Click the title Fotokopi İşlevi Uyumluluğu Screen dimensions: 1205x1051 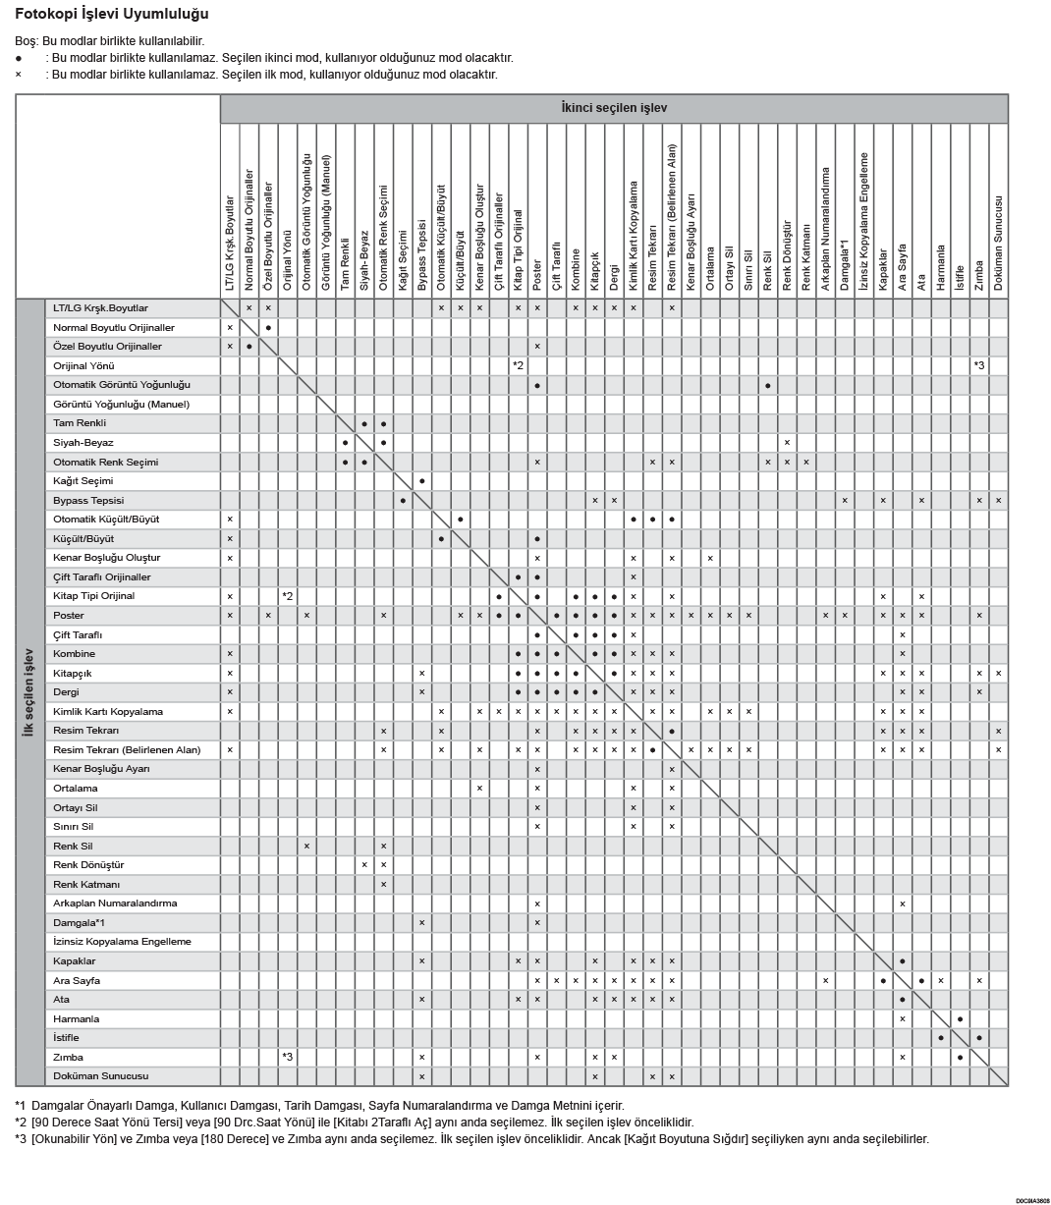(111, 15)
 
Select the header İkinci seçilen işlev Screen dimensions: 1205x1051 (614, 108)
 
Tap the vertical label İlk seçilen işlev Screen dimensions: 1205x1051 (29, 691)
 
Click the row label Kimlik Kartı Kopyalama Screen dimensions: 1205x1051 (108, 711)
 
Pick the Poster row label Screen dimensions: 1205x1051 (69, 615)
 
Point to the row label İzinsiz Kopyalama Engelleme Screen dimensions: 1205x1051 (122, 941)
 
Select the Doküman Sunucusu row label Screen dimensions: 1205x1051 (100, 1075)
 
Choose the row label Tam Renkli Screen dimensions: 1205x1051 (80, 423)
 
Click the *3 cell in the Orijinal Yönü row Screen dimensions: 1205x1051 (979, 365)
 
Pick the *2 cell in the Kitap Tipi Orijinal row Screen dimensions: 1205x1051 (288, 596)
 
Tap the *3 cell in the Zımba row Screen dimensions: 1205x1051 (288, 1057)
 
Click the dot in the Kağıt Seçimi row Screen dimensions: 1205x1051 (422, 481)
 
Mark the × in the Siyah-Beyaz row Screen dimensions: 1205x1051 (787, 443)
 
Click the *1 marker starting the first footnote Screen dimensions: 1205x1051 (21, 1105)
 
